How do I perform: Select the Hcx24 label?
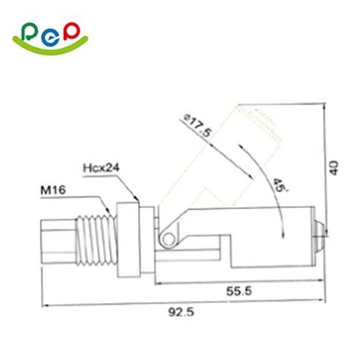[99, 166]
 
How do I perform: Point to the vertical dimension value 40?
[334, 166]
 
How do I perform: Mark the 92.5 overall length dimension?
[181, 311]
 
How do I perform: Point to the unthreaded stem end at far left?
[57, 240]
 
